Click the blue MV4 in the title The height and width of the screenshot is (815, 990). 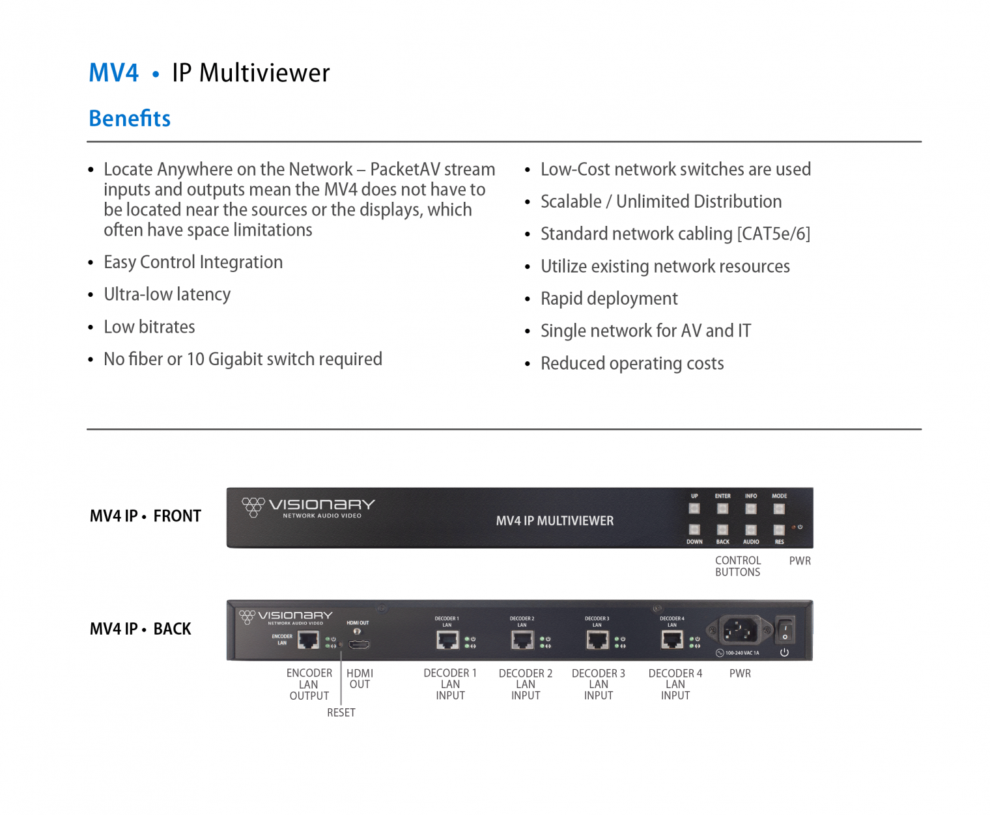click(113, 73)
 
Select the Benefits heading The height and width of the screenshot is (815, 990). click(130, 118)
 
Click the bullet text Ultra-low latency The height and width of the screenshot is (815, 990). click(167, 294)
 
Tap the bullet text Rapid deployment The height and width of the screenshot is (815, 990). click(608, 299)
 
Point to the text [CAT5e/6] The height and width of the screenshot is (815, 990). click(773, 234)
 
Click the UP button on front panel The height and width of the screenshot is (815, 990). click(694, 508)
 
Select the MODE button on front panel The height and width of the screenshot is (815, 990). click(779, 508)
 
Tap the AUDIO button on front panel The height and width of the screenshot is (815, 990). click(751, 530)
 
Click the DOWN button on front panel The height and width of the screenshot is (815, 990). click(694, 530)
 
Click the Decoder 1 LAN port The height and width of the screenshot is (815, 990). click(448, 641)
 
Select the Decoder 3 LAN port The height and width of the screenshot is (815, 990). click(597, 641)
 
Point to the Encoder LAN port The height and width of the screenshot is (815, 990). click(308, 641)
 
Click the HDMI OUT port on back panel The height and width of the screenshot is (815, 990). click(359, 644)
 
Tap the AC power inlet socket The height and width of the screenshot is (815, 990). click(740, 630)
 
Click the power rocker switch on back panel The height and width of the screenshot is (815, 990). click(785, 630)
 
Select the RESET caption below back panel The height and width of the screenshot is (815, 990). click(341, 713)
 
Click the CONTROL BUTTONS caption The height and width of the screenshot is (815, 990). click(737, 566)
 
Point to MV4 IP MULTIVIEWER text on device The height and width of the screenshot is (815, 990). click(554, 521)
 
